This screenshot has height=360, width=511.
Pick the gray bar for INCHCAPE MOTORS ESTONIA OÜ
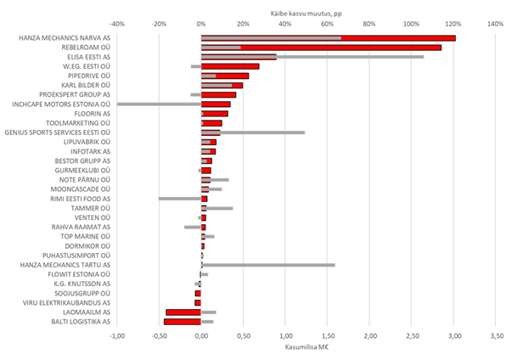159,104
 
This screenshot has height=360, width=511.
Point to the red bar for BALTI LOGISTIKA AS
182,322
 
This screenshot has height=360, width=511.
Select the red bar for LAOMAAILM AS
183,312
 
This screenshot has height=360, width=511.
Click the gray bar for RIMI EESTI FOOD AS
180,199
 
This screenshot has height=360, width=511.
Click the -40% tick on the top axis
117,24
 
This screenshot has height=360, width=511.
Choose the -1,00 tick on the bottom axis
117,335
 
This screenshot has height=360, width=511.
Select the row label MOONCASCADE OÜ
83,189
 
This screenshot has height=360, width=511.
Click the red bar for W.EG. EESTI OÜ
230,66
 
